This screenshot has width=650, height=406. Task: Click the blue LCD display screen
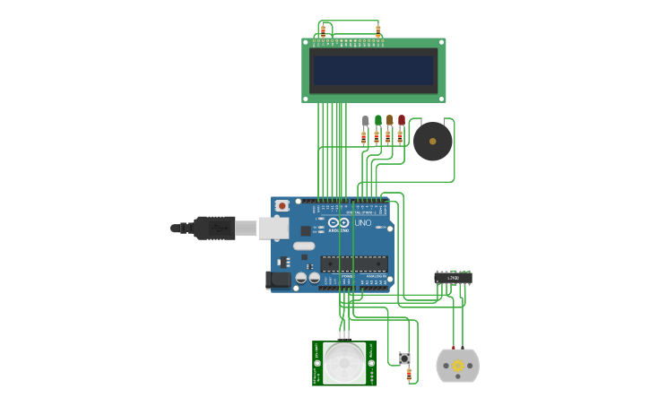(x=373, y=70)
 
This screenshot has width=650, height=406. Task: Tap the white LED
(x=365, y=120)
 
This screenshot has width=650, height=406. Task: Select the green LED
(x=377, y=120)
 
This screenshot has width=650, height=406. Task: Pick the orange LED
(x=389, y=120)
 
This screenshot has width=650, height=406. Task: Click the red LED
(x=401, y=120)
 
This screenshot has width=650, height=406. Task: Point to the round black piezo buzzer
(x=432, y=142)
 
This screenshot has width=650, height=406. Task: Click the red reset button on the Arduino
(x=282, y=206)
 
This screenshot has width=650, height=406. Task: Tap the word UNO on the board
(x=362, y=222)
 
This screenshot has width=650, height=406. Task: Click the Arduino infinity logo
(x=338, y=222)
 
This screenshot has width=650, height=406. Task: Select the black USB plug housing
(x=214, y=229)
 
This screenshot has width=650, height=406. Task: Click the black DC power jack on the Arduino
(x=279, y=280)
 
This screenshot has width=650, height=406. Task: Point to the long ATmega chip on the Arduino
(x=354, y=263)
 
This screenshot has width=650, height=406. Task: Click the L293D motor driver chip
(x=453, y=278)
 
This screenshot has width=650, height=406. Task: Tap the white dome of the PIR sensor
(x=344, y=363)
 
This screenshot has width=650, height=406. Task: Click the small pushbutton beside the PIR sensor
(x=404, y=358)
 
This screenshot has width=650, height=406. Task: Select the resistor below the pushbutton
(x=409, y=375)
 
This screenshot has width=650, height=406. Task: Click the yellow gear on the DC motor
(x=457, y=366)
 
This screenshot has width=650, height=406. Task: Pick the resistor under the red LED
(x=400, y=137)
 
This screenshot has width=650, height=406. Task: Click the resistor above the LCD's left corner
(x=323, y=30)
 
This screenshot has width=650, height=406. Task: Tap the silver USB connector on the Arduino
(x=273, y=228)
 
